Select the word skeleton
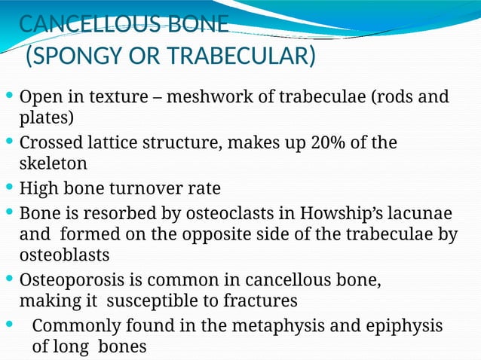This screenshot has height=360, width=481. click(53, 163)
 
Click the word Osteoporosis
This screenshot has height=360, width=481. click(69, 281)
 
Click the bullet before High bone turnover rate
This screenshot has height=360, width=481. click(8, 188)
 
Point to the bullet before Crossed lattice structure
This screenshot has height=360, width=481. click(8, 143)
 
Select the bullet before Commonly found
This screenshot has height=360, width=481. click(8, 325)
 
